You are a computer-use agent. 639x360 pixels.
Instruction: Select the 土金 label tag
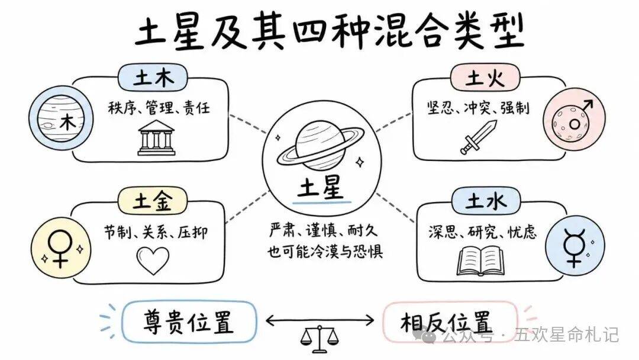click(x=153, y=201)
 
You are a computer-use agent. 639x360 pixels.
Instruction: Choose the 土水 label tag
click(x=486, y=201)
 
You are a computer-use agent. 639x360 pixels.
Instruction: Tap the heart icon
click(x=153, y=260)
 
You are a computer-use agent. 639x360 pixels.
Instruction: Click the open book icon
click(x=481, y=261)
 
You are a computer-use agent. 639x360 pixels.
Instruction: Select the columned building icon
click(x=156, y=138)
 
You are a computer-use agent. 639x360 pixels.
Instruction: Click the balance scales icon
click(x=320, y=339)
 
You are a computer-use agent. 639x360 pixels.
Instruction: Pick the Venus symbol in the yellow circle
click(x=60, y=249)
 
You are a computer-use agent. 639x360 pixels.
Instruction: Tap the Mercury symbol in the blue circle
click(x=574, y=247)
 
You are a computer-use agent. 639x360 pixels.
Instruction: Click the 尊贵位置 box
click(x=189, y=322)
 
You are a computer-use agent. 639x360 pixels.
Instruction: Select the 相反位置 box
click(x=450, y=322)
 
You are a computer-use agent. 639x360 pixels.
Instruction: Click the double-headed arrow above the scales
click(x=320, y=320)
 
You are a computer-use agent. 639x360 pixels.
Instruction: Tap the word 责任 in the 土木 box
click(x=196, y=108)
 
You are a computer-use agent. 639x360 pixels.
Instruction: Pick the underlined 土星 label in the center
click(x=321, y=189)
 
